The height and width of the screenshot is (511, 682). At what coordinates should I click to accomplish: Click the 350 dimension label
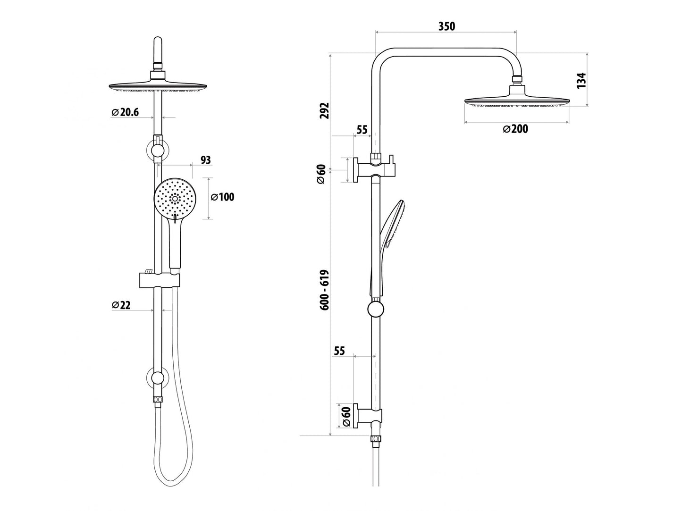(x=446, y=26)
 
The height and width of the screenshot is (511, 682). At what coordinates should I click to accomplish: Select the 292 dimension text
(x=324, y=110)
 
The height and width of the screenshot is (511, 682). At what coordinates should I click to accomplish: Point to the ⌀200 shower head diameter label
(x=515, y=129)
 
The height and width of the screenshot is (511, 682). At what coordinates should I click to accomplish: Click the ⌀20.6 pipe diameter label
(x=126, y=112)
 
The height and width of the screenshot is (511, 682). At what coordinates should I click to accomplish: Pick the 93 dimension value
(x=205, y=160)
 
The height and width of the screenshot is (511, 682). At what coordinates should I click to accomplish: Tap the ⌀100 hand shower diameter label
(x=222, y=197)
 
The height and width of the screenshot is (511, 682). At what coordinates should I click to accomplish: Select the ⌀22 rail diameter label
(x=121, y=305)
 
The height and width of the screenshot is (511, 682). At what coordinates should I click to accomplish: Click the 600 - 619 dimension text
(x=324, y=290)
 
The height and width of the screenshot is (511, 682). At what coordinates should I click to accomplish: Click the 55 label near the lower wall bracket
(x=339, y=351)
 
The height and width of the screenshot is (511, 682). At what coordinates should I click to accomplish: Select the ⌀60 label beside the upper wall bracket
(x=321, y=174)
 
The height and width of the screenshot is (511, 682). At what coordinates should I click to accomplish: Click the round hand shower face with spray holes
(x=174, y=199)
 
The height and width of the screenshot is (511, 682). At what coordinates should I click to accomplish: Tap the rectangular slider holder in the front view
(x=160, y=280)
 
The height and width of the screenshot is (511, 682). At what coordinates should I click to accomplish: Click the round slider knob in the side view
(x=375, y=310)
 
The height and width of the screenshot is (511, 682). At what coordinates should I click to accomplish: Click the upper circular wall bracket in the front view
(x=158, y=151)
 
